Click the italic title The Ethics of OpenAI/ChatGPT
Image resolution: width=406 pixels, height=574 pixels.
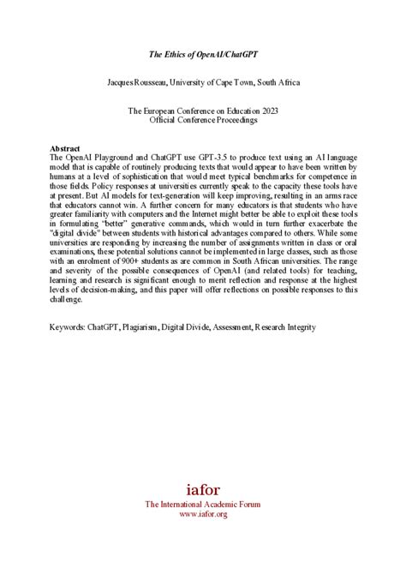(203, 54)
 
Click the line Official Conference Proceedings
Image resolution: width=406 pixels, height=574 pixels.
(203, 120)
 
